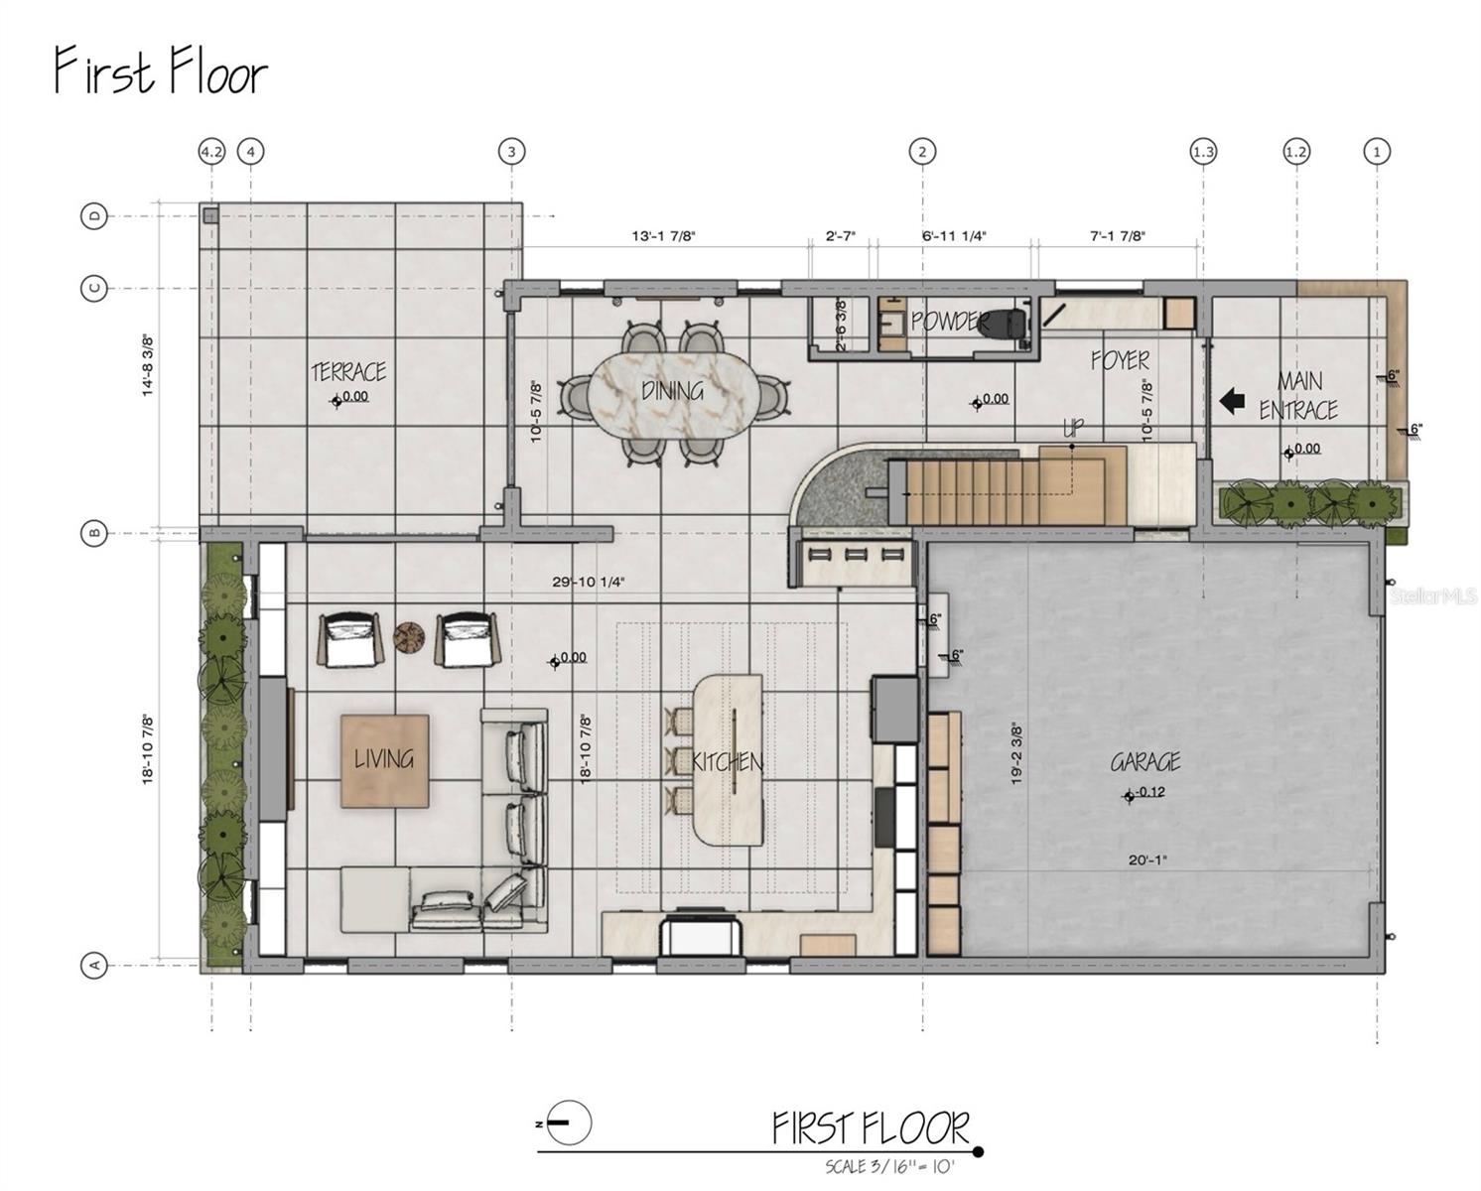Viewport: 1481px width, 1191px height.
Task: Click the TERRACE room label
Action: pyautogui.click(x=348, y=372)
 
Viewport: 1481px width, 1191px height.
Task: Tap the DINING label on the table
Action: pyautogui.click(x=672, y=391)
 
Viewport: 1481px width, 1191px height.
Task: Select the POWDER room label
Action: pyautogui.click(x=950, y=322)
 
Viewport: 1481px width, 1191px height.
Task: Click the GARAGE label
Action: pyautogui.click(x=1144, y=762)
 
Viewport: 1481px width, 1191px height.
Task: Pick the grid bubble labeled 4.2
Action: pyautogui.click(x=211, y=152)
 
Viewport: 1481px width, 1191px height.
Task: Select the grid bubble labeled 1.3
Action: pyautogui.click(x=1203, y=152)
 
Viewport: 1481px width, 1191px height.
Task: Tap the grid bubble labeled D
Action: pyautogui.click(x=94, y=215)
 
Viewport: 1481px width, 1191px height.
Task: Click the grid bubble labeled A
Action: pyautogui.click(x=94, y=965)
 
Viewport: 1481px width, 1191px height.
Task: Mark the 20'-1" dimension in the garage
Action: pyautogui.click(x=1147, y=860)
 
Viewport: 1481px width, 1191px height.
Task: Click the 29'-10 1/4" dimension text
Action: pyautogui.click(x=589, y=583)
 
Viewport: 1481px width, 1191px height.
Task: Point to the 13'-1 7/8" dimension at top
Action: pyautogui.click(x=664, y=236)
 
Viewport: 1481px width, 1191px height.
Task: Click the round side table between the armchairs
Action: pyautogui.click(x=409, y=637)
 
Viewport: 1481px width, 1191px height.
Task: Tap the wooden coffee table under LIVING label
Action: pyautogui.click(x=385, y=761)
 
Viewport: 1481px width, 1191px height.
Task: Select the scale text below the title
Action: pyautogui.click(x=889, y=1166)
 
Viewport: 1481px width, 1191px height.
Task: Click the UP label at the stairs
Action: pyautogui.click(x=1073, y=428)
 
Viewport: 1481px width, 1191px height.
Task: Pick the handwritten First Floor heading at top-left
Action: pyautogui.click(x=161, y=71)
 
